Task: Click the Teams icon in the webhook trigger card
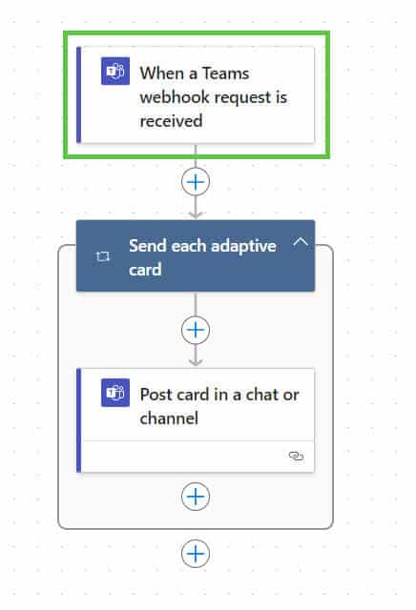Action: [x=115, y=71]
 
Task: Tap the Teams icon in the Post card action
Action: [x=115, y=393]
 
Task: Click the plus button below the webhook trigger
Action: [x=196, y=182]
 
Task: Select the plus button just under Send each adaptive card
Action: [x=196, y=330]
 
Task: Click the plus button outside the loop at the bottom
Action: [x=196, y=553]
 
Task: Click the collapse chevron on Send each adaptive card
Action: [x=301, y=243]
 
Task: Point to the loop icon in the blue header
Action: [x=103, y=256]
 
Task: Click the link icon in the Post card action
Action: [x=296, y=456]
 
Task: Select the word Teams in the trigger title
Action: [x=225, y=73]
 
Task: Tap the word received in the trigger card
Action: [x=171, y=121]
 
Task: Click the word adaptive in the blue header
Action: [x=243, y=247]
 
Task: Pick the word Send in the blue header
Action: [x=148, y=246]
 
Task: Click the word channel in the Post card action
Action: [x=169, y=418]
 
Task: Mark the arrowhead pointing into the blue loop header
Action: [x=196, y=214]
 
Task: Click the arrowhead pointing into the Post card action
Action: [x=196, y=362]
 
